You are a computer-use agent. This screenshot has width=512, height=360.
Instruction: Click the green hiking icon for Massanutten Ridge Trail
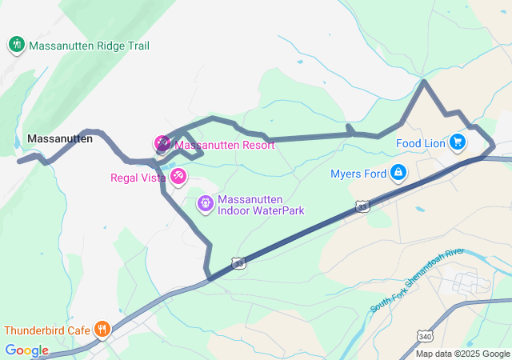point(17,45)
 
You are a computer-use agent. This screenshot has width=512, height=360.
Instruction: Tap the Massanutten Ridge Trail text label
point(89,46)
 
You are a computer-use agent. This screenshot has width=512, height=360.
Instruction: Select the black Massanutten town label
point(59,138)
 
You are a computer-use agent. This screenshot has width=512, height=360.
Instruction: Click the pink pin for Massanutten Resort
point(162,144)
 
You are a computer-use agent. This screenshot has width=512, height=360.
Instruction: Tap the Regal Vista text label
point(138,177)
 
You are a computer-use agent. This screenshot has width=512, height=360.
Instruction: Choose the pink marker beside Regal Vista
point(178,175)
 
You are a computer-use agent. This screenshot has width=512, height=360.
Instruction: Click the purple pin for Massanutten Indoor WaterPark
point(206,204)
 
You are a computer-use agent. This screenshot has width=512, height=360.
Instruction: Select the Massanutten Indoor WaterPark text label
point(261,205)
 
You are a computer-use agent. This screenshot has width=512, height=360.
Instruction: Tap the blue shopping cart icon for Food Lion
point(457,142)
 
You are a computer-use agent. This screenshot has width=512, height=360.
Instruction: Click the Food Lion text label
point(420,144)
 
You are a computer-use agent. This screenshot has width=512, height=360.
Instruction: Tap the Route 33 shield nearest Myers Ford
point(363,206)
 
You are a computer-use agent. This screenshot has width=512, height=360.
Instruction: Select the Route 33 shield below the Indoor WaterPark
point(238,262)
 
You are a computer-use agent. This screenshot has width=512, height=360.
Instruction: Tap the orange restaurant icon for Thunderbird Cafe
point(102,329)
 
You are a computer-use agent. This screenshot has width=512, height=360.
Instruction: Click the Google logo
point(26,350)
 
